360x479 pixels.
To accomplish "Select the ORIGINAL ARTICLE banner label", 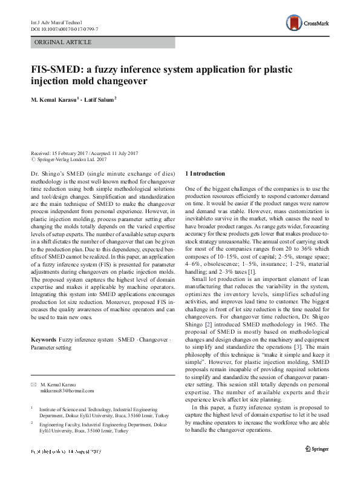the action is point(64,42).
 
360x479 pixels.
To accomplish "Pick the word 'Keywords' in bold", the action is point(44,340).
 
